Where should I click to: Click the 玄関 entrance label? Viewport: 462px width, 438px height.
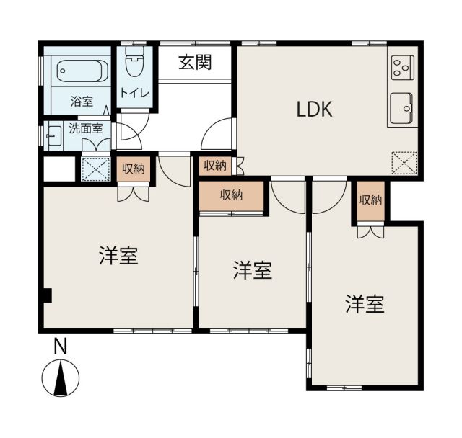click(195, 63)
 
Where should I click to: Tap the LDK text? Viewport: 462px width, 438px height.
click(314, 109)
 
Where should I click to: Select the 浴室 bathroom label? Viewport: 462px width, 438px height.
click(82, 102)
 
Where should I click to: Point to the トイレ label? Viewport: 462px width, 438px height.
click(134, 93)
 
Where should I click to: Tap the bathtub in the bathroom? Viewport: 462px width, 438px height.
click(82, 72)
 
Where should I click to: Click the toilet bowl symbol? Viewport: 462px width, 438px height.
click(134, 64)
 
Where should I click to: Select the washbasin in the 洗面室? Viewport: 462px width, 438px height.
click(53, 135)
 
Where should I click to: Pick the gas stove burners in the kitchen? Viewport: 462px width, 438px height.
click(401, 68)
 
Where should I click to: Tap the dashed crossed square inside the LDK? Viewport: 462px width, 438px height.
click(404, 164)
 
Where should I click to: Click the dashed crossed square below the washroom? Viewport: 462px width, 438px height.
click(95, 170)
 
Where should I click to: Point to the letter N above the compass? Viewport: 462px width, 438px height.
click(61, 347)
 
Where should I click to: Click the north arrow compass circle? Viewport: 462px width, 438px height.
click(61, 378)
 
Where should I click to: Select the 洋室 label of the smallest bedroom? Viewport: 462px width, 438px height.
click(253, 271)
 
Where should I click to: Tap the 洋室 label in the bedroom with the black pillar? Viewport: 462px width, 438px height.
click(119, 256)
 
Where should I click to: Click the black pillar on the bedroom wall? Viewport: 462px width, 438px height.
click(46, 295)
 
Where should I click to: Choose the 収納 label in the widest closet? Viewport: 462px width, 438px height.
click(231, 195)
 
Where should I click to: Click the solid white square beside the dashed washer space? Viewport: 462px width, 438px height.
click(58, 170)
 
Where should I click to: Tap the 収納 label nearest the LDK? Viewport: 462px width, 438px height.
click(214, 166)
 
